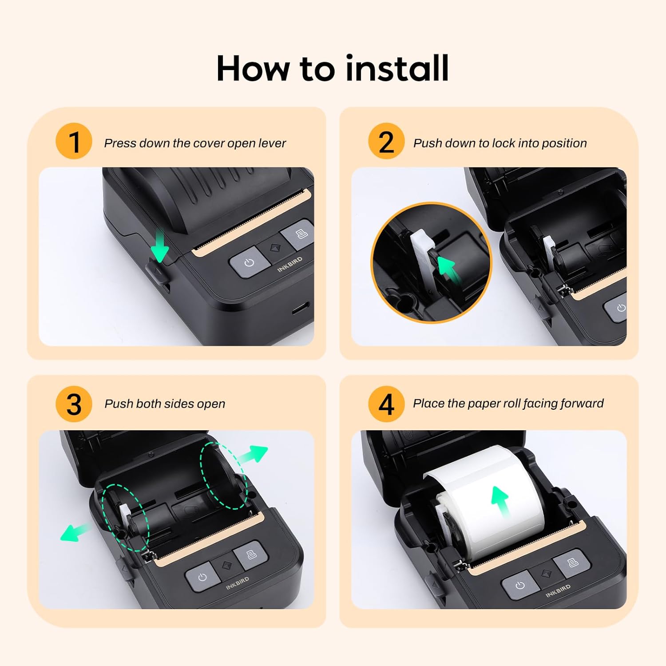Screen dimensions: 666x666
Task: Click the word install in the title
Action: tap(397, 69)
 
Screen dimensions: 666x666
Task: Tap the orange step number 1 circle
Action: tap(74, 141)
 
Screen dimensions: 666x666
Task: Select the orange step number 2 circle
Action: tap(386, 141)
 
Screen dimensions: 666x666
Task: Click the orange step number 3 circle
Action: tap(74, 404)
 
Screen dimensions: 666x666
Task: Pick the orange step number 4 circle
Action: tap(386, 404)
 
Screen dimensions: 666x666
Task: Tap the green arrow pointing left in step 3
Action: tap(75, 531)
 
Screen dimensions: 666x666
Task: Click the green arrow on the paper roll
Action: tap(501, 501)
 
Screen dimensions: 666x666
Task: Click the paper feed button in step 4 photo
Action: tap(573, 563)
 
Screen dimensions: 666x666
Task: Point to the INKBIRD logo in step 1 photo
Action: tap(289, 264)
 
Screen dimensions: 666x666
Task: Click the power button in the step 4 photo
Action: tap(519, 586)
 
